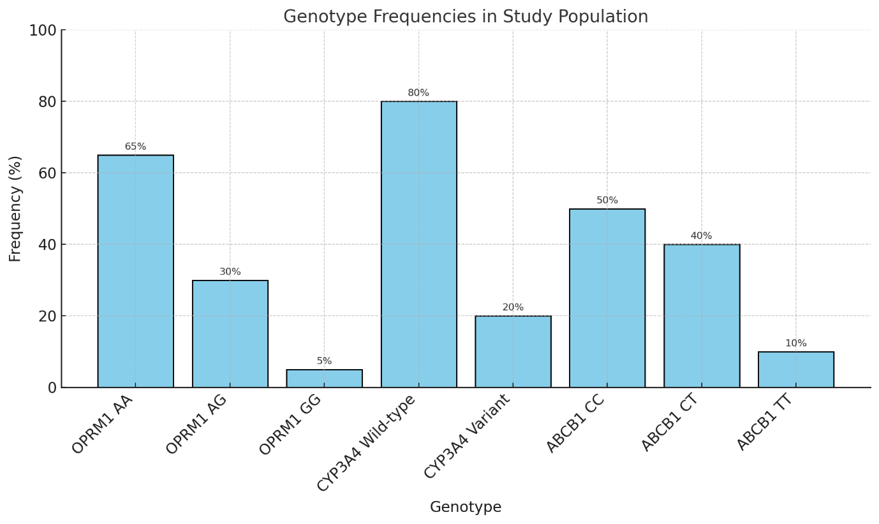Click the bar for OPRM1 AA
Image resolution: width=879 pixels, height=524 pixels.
(135, 271)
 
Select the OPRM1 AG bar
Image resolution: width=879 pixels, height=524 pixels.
(230, 333)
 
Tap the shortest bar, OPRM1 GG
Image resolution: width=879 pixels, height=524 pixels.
(324, 379)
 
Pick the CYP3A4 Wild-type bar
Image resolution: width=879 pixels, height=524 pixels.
(418, 244)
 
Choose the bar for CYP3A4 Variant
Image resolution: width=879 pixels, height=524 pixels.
(513, 351)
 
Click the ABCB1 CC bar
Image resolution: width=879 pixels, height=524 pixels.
(607, 298)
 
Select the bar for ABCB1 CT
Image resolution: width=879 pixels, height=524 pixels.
(701, 316)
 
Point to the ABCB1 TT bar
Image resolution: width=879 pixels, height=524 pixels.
(795, 370)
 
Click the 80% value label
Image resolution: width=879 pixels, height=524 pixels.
(418, 93)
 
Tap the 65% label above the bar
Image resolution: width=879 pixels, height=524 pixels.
(135, 147)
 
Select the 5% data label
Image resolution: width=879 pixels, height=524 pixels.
(324, 361)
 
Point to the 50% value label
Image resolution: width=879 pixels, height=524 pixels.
(607, 201)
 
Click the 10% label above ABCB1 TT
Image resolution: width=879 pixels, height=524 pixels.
(795, 344)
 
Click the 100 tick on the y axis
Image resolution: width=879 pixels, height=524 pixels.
(43, 31)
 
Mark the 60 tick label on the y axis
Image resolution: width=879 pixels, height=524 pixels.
(47, 173)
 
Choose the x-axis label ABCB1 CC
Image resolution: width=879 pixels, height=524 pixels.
(575, 424)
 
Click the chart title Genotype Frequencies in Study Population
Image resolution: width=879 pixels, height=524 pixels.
(466, 17)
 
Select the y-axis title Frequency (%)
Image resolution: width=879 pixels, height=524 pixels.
(15, 208)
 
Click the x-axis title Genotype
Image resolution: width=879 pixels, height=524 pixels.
(466, 507)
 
